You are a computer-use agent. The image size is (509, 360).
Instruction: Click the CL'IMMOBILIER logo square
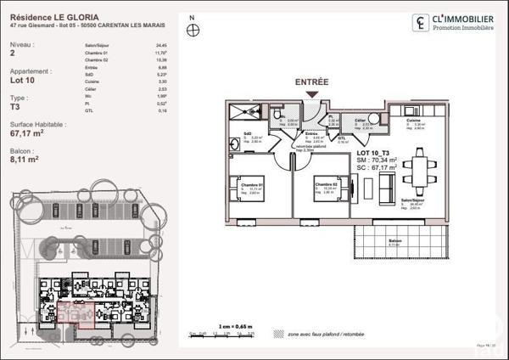[420, 23]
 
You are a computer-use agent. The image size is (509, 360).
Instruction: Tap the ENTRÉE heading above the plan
[311, 82]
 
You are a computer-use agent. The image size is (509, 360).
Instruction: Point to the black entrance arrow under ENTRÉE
[312, 97]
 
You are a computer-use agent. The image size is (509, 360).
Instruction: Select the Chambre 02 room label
[325, 183]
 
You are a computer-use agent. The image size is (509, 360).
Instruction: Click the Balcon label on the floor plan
[394, 240]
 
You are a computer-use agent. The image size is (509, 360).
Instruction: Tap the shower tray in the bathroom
[247, 113]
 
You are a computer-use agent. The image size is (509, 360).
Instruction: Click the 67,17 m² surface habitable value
[26, 133]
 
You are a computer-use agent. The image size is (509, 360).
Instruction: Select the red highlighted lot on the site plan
[73, 315]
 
